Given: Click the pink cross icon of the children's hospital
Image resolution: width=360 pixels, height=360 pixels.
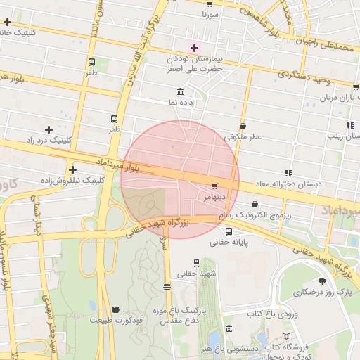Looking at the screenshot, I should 194,48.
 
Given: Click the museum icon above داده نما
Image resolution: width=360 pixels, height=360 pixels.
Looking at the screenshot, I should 181,92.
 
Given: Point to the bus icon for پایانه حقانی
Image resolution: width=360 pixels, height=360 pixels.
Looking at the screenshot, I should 229,231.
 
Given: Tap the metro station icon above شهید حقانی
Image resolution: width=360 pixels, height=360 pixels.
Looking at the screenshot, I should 196,262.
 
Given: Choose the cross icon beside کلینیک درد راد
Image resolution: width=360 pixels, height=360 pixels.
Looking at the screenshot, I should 49,129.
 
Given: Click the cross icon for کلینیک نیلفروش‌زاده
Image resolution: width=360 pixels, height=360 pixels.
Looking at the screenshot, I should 72,169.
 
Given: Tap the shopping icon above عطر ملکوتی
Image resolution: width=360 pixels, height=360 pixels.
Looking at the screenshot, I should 243,126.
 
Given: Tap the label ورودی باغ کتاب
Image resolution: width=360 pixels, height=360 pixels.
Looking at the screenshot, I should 274,314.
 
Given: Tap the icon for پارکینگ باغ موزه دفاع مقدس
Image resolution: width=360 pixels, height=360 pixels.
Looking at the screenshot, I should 167,287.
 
